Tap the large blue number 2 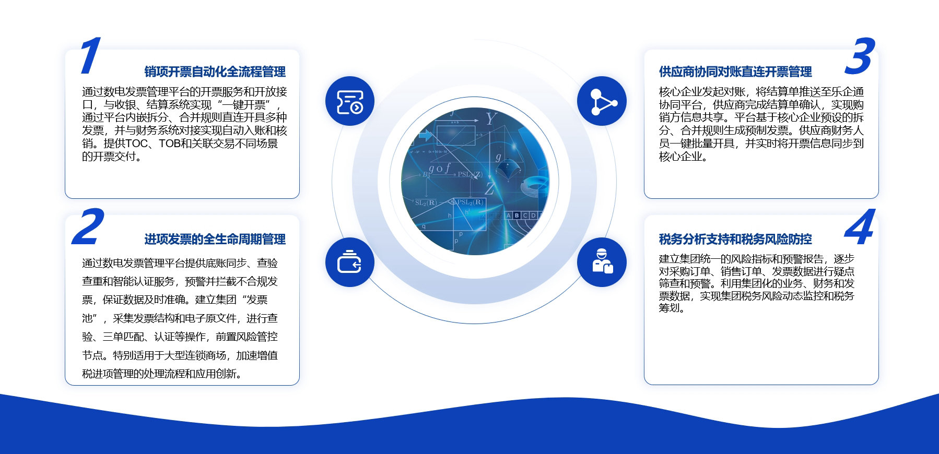(x=88, y=226)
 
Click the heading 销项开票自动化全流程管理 (x=215, y=71)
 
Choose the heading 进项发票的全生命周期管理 (x=215, y=239)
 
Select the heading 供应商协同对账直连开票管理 (x=735, y=71)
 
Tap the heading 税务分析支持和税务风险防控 (x=735, y=239)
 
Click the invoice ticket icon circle (x=350, y=101)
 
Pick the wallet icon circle (x=350, y=262)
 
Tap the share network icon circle (x=602, y=101)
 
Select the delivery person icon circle (x=602, y=262)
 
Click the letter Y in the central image (x=490, y=119)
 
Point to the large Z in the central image (x=489, y=188)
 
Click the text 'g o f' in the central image (x=440, y=169)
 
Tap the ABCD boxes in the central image (x=523, y=216)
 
